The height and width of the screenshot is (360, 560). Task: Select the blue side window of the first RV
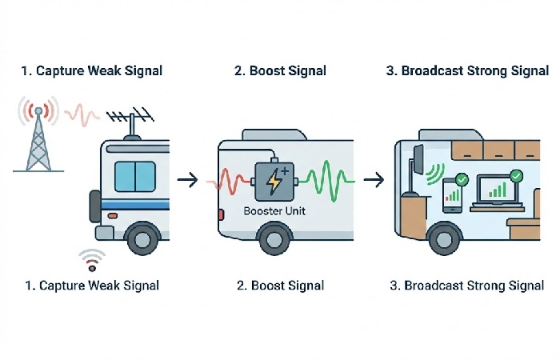134,176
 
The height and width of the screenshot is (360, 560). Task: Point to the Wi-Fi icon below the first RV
92,260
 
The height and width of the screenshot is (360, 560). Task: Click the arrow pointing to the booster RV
187,180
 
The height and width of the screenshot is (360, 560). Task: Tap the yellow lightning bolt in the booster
273,182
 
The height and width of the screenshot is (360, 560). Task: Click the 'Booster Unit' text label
273,212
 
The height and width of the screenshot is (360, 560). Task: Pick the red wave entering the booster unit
232,182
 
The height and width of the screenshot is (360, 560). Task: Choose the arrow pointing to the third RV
373,180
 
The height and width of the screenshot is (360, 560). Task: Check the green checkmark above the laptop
517,174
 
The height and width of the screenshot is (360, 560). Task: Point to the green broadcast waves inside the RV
435,174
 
